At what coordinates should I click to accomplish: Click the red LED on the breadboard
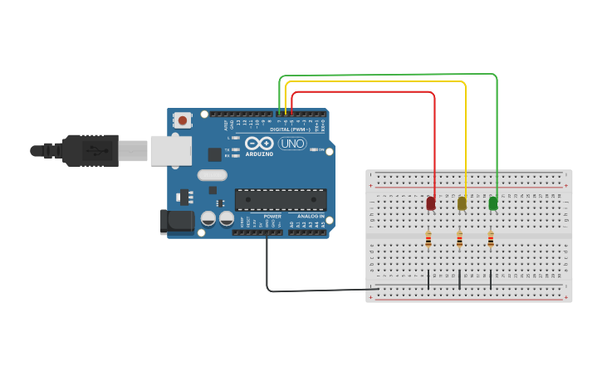click(x=431, y=203)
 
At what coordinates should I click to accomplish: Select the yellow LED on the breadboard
click(x=462, y=203)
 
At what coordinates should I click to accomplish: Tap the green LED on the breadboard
click(x=493, y=203)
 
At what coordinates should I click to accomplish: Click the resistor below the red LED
click(x=428, y=240)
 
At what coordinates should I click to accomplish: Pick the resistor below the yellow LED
click(x=459, y=240)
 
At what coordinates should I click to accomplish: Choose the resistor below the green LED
click(x=491, y=240)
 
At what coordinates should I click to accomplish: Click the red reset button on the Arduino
click(x=183, y=120)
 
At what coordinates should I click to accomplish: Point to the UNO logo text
click(x=291, y=144)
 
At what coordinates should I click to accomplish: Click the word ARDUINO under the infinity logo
click(x=259, y=154)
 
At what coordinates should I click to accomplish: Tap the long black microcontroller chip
click(x=281, y=199)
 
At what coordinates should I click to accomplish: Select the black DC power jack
click(x=176, y=221)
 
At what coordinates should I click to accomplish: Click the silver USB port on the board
click(x=170, y=151)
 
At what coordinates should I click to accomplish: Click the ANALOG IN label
click(x=311, y=216)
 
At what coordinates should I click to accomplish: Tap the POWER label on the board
click(x=272, y=216)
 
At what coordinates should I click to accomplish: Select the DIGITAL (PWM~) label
click(x=290, y=129)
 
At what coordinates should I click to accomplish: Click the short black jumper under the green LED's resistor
click(x=491, y=280)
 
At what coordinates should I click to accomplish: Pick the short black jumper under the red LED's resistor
click(x=428, y=280)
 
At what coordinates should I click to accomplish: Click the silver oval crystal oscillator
click(x=213, y=175)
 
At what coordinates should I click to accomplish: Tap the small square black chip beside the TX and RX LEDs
click(x=214, y=154)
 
